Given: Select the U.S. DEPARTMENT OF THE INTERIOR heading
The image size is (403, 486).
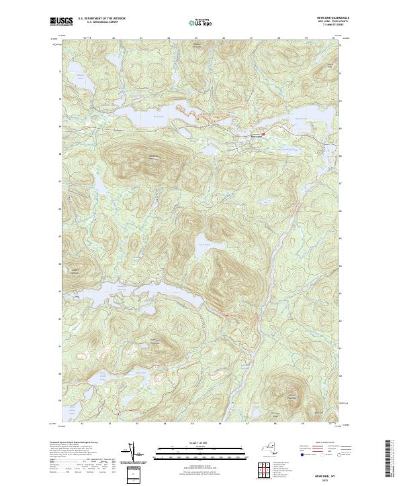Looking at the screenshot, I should (101, 18).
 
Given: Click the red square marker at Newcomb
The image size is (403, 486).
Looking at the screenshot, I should (264, 133).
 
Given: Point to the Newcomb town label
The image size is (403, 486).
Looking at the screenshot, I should (255, 135).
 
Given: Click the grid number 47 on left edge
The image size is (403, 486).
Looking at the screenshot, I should (60, 181).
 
